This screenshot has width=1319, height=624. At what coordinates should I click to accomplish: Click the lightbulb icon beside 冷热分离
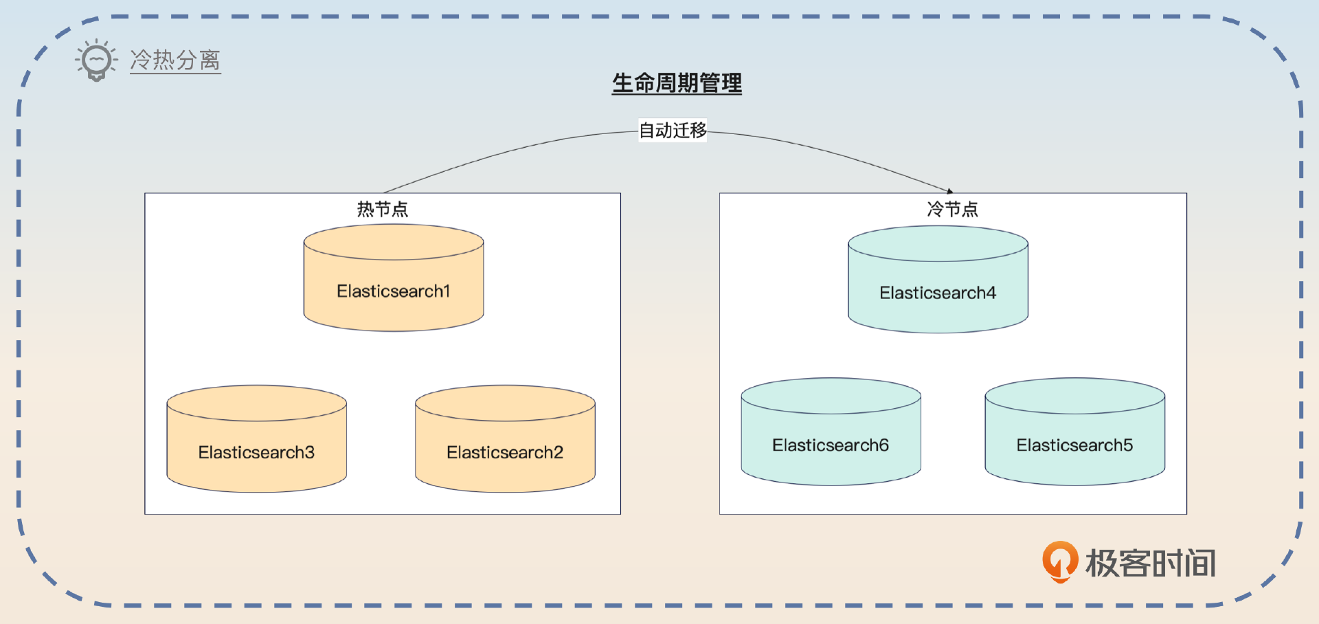click(96, 60)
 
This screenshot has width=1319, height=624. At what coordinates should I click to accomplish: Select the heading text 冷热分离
click(175, 60)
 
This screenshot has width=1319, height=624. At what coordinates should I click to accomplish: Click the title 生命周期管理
click(677, 83)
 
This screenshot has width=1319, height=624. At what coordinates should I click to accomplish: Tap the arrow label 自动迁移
click(673, 130)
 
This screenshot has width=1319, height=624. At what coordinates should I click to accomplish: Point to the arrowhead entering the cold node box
click(950, 191)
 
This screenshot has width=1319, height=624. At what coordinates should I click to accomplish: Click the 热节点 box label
click(383, 209)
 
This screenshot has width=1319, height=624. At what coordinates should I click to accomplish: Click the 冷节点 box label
click(952, 209)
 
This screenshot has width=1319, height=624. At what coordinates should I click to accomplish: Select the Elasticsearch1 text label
click(394, 291)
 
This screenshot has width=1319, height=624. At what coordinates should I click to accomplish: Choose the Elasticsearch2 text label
click(505, 452)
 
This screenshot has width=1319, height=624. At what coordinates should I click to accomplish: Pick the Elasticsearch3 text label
click(256, 452)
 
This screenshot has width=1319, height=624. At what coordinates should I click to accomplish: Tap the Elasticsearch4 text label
click(938, 293)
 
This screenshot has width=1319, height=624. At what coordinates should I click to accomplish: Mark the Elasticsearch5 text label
click(1074, 445)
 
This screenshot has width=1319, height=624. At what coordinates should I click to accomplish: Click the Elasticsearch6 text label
click(831, 445)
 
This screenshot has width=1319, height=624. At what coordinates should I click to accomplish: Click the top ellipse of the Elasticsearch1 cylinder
click(394, 243)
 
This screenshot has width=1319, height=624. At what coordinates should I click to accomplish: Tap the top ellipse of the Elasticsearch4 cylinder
click(938, 244)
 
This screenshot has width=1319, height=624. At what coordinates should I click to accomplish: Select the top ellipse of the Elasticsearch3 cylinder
click(256, 403)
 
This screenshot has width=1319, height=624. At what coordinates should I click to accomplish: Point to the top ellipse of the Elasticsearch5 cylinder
click(1074, 396)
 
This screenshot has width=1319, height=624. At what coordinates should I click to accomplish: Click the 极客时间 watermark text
click(1151, 563)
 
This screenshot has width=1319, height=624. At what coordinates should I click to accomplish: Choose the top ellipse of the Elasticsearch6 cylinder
click(831, 396)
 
